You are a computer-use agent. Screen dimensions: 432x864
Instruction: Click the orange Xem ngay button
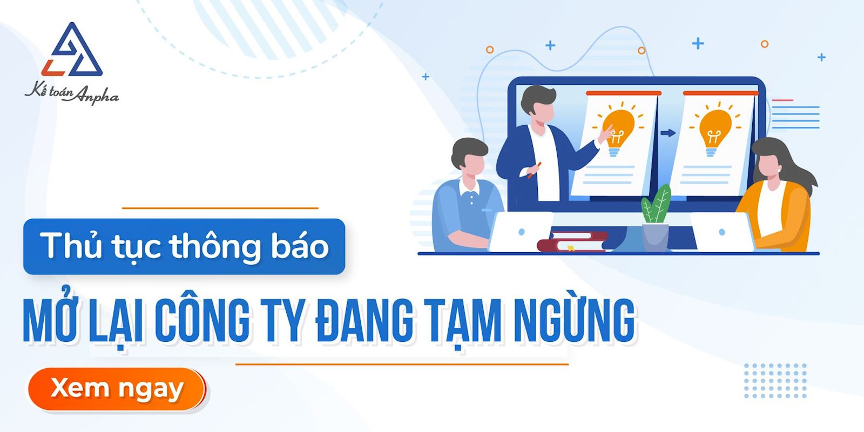pos(117,389)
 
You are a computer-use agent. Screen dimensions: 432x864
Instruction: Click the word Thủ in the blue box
pos(70,246)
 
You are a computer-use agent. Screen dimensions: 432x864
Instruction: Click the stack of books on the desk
pos(572,241)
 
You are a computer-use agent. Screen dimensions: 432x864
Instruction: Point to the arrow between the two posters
pos(668,133)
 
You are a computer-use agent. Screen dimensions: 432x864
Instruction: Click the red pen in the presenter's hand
pos(534,170)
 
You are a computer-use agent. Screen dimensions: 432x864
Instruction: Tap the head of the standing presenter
pos(538,105)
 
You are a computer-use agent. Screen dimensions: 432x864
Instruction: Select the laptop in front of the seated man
pos(520,232)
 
